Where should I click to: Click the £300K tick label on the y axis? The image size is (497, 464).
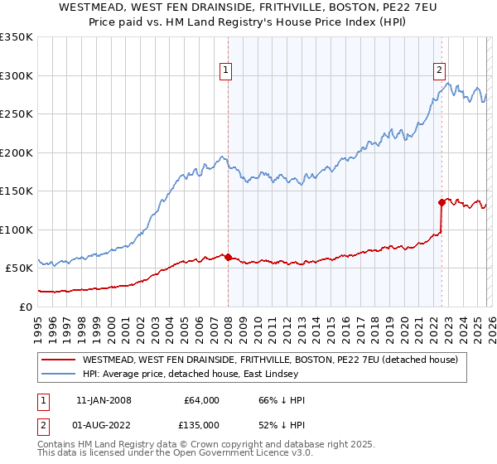(17, 75)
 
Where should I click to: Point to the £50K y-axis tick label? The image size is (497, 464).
(18, 268)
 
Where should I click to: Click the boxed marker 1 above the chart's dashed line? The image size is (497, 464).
(225, 71)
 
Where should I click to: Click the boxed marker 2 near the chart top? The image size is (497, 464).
(439, 71)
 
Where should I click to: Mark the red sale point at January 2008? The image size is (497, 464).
(228, 257)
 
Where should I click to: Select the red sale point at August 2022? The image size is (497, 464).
(442, 202)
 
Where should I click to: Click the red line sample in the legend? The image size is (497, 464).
(58, 360)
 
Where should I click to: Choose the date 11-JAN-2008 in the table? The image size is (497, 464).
(104, 400)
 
